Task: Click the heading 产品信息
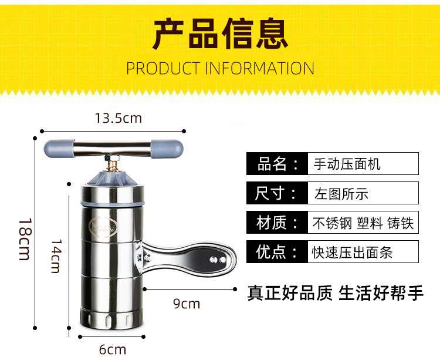[220, 34]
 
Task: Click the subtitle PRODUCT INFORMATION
[220, 69]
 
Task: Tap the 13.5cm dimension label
[118, 118]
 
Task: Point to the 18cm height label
[25, 239]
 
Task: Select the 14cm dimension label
[56, 256]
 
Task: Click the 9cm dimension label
[187, 304]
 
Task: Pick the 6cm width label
[113, 350]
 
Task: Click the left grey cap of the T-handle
[58, 149]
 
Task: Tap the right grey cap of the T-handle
[167, 149]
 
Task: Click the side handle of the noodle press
[187, 258]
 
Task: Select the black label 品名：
[277, 164]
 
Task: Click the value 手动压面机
[347, 164]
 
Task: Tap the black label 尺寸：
[277, 193]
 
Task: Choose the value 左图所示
[341, 194]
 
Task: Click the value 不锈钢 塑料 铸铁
[363, 223]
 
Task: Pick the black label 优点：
[277, 251]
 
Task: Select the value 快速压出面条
[352, 253]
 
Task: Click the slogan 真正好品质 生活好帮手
[336, 293]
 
